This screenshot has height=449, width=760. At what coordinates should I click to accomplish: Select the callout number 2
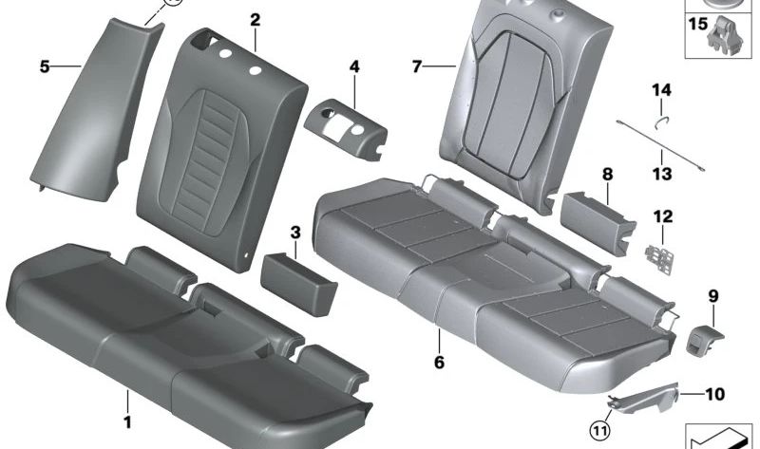coord(255,20)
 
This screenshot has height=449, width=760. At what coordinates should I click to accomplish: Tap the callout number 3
coord(294,233)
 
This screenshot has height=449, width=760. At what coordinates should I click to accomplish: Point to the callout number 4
coord(354,67)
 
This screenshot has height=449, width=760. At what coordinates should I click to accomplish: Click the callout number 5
coord(44,66)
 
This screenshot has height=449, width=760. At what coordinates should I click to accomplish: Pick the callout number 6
coord(439,362)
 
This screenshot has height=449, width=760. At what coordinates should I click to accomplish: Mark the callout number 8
coord(607,174)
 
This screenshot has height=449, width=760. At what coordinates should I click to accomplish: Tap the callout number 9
coord(712,296)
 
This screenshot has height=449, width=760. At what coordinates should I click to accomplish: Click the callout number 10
coord(713,392)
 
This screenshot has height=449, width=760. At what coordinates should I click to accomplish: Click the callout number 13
coord(661,174)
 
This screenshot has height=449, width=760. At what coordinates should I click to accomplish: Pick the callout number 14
coord(661,90)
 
